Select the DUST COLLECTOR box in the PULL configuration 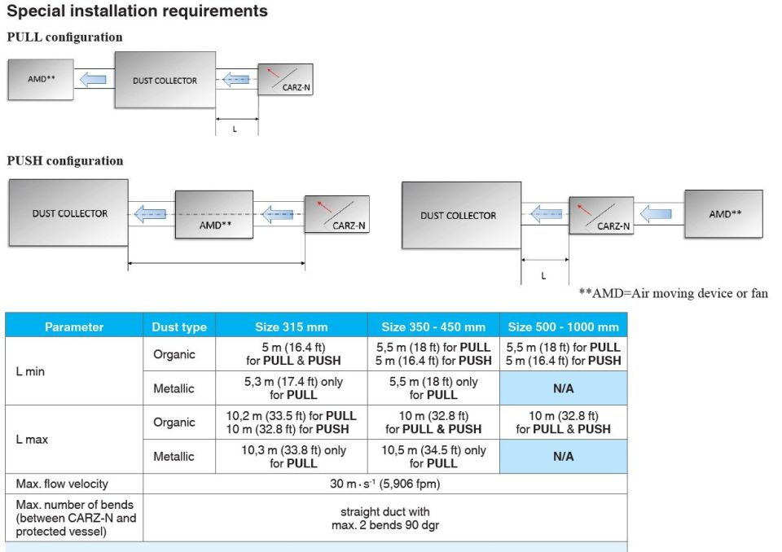click(165, 80)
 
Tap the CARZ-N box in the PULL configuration click(284, 79)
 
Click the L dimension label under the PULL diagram click(235, 129)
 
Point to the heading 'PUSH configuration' click(65, 160)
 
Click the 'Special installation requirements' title click(138, 11)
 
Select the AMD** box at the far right click(723, 214)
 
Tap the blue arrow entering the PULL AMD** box click(90, 79)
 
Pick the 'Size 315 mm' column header click(291, 326)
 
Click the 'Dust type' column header click(179, 326)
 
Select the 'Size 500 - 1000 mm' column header click(563, 326)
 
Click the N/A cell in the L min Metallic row click(563, 388)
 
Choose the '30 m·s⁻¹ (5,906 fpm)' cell click(384, 484)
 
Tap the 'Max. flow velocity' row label click(62, 484)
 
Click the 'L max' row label click(33, 439)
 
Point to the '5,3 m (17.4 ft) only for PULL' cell click(291, 388)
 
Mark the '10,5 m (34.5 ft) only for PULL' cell click(433, 456)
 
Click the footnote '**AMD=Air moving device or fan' click(673, 293)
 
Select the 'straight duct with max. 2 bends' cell click(384, 518)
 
